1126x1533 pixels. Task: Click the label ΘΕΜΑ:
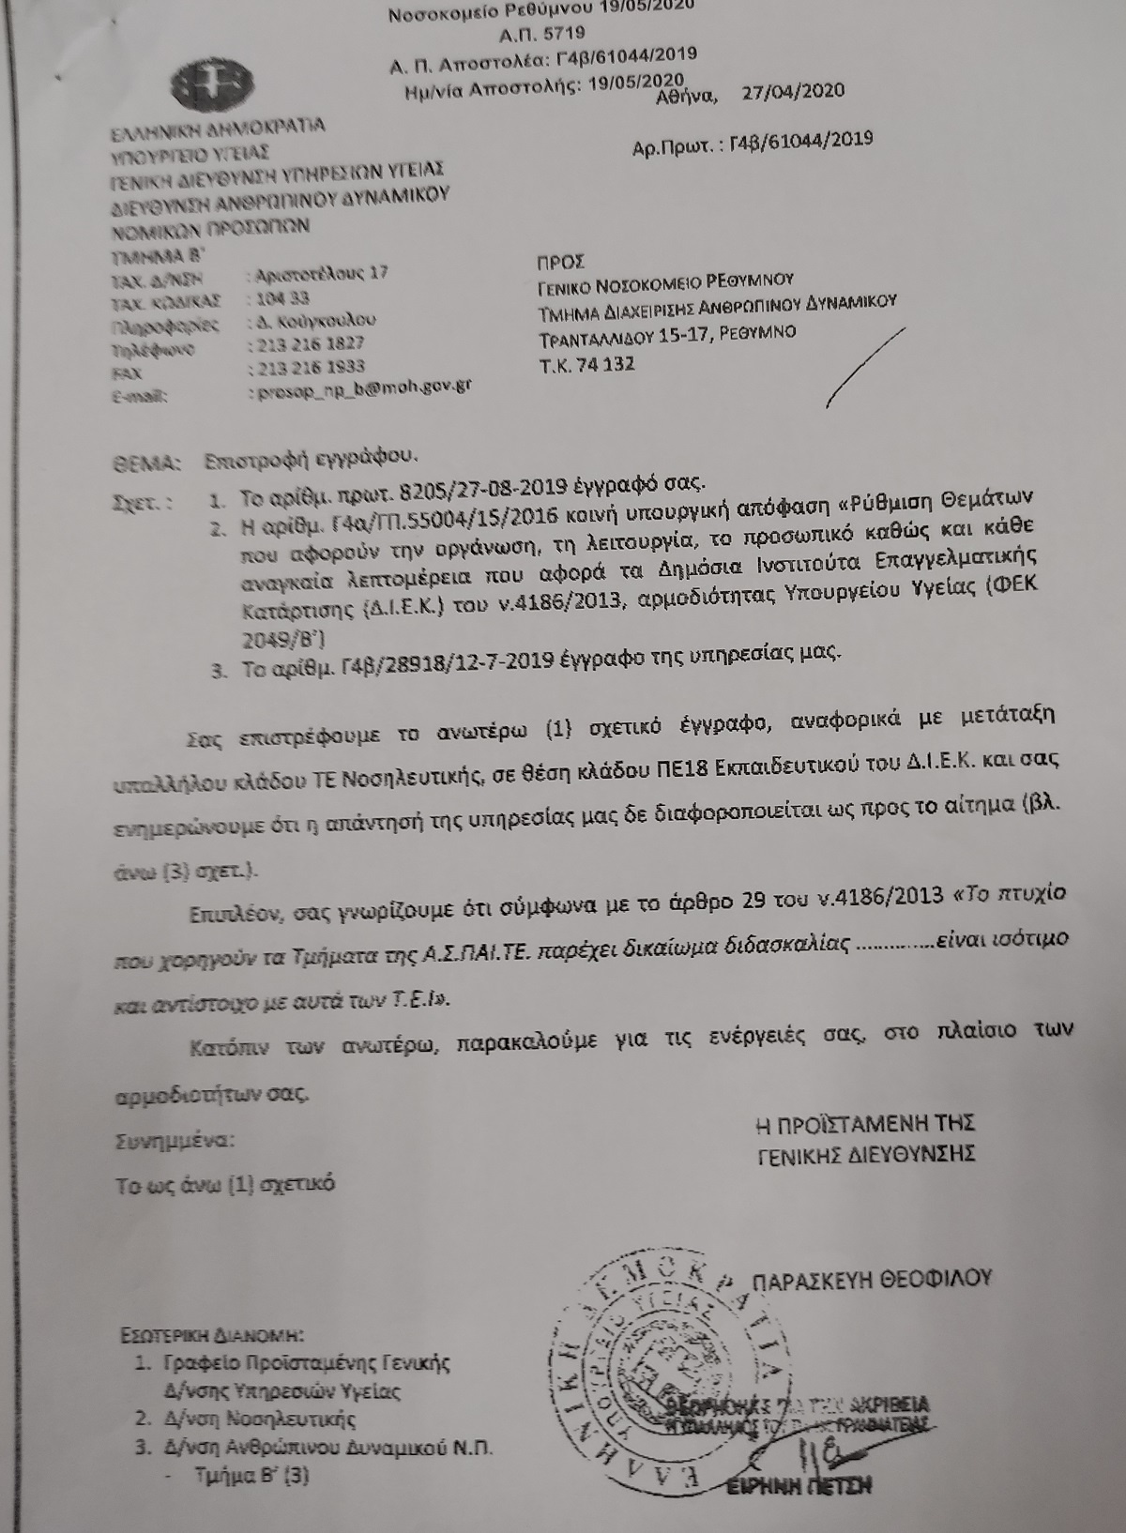145,462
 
